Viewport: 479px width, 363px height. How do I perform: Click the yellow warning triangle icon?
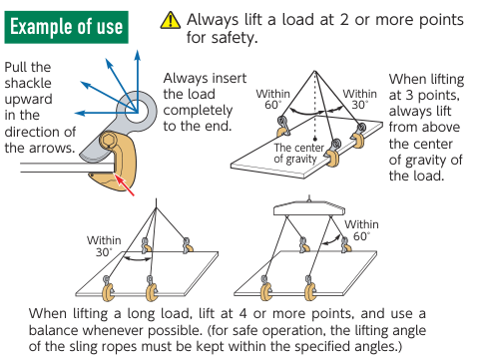coord(171,20)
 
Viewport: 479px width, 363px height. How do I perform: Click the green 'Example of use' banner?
coord(66,27)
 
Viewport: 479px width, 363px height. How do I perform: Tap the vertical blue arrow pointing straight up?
coord(137,81)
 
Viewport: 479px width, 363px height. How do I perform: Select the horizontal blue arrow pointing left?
coord(106,113)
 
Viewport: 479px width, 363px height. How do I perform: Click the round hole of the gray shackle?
coord(137,111)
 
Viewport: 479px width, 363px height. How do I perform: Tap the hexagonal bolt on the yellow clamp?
coord(108,141)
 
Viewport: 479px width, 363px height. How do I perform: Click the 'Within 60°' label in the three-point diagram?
coord(273,99)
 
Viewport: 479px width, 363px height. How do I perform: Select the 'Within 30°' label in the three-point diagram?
coord(360,99)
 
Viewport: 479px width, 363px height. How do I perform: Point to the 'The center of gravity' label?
coord(299,154)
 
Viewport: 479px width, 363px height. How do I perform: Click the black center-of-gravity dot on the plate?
coord(315,139)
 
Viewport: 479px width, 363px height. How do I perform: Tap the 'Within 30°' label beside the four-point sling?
coord(104,246)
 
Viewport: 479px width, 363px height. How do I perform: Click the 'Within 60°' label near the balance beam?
coord(361,230)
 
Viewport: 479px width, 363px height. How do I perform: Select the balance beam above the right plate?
coord(309,207)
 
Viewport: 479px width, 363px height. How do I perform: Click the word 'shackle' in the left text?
coord(28,83)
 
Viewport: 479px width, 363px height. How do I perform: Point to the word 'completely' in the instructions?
coord(198,111)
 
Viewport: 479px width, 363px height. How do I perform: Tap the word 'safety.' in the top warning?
coord(223,37)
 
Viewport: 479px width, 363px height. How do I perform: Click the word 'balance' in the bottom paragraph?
coord(54,330)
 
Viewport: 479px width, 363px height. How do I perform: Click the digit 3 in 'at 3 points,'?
coord(410,95)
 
